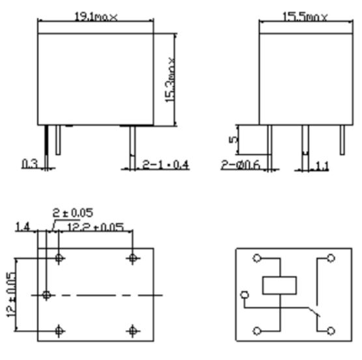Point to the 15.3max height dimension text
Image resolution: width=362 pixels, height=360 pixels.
(171, 79)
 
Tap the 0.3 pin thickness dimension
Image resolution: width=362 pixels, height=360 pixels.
(28, 164)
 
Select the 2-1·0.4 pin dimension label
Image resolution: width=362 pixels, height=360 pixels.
(165, 165)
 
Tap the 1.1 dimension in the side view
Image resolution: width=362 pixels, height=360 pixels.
(322, 165)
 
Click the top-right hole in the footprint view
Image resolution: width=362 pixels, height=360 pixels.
(133, 258)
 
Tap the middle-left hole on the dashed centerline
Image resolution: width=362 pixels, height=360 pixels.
(46, 295)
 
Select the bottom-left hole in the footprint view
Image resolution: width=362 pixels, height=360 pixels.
(60, 331)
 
